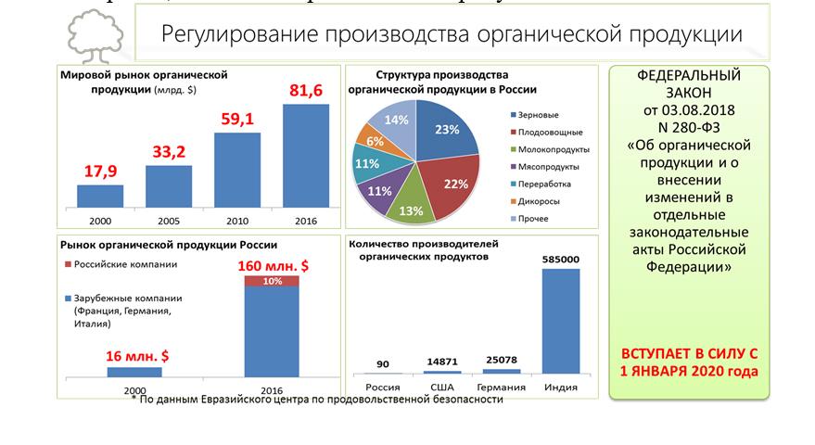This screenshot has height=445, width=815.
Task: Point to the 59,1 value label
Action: point(237,119)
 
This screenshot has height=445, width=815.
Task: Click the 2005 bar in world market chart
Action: point(169,186)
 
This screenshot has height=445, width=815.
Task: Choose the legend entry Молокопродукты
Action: point(548,148)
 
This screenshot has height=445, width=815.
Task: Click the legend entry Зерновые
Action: point(538,114)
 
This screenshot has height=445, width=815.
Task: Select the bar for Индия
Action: point(562,321)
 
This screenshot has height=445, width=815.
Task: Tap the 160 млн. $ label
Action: point(272,265)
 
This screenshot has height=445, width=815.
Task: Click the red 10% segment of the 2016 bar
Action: point(272,281)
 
